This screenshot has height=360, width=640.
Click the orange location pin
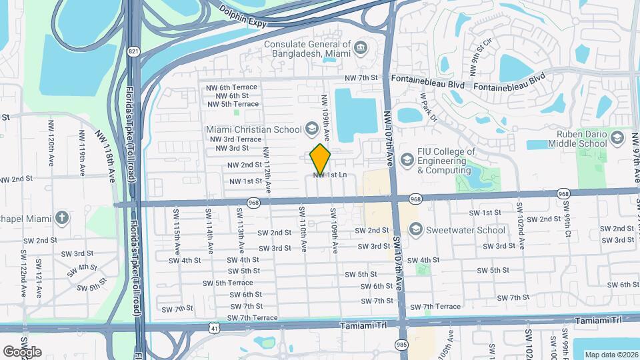point(321,158)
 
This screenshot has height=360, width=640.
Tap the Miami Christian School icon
point(311,128)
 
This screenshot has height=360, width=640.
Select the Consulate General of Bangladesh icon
point(361,47)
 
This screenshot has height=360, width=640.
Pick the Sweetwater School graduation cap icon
point(416,230)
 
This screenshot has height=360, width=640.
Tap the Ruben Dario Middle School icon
point(617,138)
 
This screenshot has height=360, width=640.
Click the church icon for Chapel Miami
point(62,217)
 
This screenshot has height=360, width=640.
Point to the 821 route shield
point(135,51)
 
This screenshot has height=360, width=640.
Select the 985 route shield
point(400,345)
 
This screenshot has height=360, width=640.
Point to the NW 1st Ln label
point(330,175)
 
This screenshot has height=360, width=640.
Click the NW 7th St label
point(361,78)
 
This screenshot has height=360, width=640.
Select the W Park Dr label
point(427,107)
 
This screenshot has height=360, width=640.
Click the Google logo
point(22,351)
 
